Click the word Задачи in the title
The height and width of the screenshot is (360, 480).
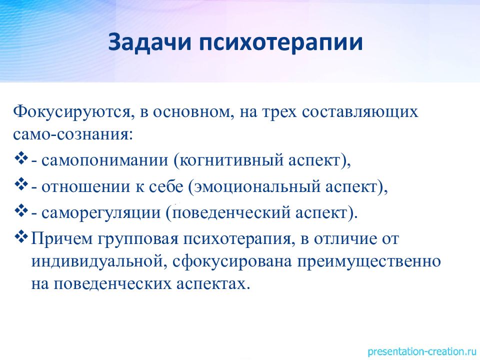pyautogui.click(x=149, y=42)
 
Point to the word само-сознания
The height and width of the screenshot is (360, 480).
pyautogui.click(x=73, y=134)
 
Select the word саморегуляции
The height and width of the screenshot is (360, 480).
pyautogui.click(x=101, y=213)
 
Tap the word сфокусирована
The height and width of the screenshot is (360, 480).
pyautogui.click(x=231, y=261)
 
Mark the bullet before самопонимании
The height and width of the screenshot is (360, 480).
pyautogui.click(x=21, y=159)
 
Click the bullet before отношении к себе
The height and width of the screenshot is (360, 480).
pyautogui.click(x=21, y=185)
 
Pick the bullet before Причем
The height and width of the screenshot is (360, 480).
pyautogui.click(x=21, y=237)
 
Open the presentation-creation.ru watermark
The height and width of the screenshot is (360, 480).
pyautogui.click(x=422, y=351)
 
